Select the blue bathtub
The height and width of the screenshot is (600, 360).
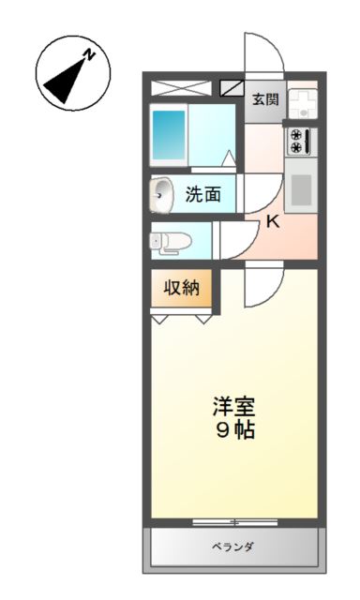tap(170, 136)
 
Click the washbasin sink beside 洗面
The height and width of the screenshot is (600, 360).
tap(163, 195)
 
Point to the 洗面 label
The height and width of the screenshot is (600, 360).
tap(202, 195)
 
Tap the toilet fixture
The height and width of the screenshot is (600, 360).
tap(170, 242)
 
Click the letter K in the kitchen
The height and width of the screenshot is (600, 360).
tap(272, 222)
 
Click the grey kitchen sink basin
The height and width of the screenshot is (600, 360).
tap(301, 189)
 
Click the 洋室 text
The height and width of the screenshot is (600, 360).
tap(233, 408)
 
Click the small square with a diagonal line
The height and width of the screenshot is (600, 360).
tap(230, 89)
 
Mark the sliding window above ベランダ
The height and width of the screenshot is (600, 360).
tap(233, 521)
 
